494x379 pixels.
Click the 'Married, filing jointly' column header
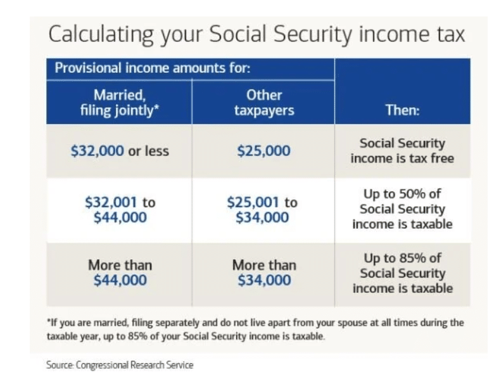(x=120, y=103)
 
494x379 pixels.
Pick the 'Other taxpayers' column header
(x=263, y=103)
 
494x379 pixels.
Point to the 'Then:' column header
(x=402, y=111)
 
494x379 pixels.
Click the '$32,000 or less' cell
(x=120, y=151)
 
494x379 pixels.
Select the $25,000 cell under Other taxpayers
(x=263, y=151)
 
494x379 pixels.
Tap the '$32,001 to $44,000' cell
(x=120, y=210)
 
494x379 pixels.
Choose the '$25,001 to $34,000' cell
(x=263, y=210)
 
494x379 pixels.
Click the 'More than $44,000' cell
(x=120, y=273)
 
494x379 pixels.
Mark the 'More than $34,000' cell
(x=263, y=273)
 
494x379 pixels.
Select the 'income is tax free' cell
(x=402, y=150)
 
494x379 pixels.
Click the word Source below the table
(x=59, y=364)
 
